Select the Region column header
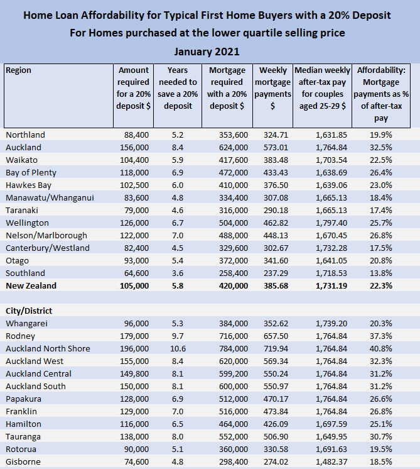point(18,71)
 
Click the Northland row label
point(25,135)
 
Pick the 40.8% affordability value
point(382,348)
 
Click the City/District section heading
point(29,311)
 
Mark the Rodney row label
point(19,336)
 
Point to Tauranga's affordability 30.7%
point(382,436)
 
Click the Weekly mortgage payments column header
point(273,88)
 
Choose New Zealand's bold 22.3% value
point(382,285)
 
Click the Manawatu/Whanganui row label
point(50,197)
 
